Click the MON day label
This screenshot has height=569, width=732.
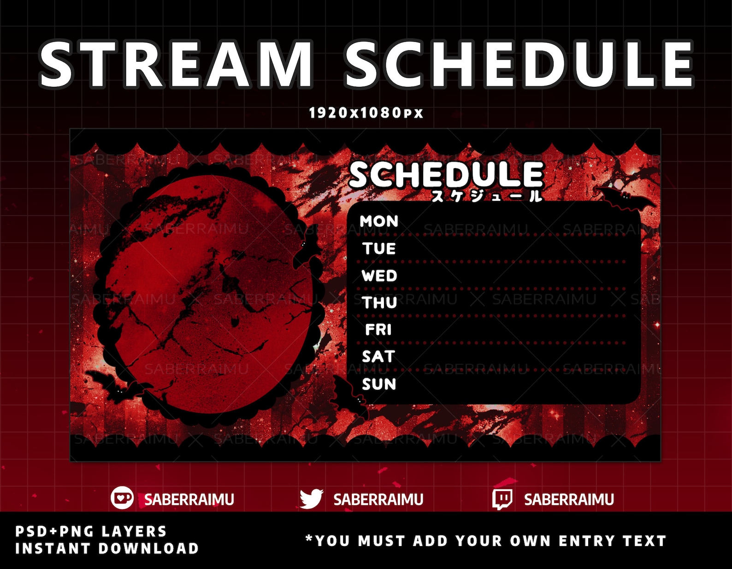pos(379,221)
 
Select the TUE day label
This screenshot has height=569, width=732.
pos(379,249)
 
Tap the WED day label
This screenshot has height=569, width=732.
pos(379,276)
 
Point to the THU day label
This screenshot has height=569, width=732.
pos(379,303)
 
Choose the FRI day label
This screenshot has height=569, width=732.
pos(378,330)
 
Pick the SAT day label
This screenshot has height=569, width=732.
pos(378,357)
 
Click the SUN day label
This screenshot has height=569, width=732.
pos(379,384)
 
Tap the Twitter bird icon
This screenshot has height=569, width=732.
pos(311,499)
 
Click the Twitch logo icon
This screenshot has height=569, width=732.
pos(502,499)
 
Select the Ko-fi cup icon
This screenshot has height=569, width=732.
pos(122,498)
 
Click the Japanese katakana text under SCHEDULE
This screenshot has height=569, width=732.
pos(486,196)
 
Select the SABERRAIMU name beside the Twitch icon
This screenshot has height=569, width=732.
pos(569,499)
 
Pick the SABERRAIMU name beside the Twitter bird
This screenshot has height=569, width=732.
pos(378,499)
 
